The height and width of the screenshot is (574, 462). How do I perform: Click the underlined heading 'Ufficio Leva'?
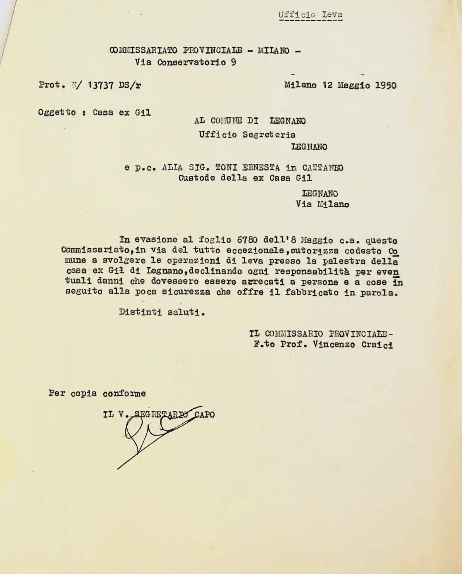tap(310, 15)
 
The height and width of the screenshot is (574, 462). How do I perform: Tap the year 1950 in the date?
tap(386, 85)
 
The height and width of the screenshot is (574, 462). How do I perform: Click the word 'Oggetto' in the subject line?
tap(57, 112)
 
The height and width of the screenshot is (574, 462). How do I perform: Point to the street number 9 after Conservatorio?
tap(233, 62)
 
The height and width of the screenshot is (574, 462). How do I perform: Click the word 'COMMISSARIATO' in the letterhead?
tap(143, 50)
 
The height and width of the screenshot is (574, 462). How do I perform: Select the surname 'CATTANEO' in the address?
tap(323, 168)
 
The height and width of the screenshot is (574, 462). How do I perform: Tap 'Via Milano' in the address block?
tap(322, 204)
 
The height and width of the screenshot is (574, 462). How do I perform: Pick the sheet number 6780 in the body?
tap(247, 240)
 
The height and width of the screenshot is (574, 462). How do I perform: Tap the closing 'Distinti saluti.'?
tap(162, 312)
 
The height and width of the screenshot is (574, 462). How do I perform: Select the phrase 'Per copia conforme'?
tap(97, 393)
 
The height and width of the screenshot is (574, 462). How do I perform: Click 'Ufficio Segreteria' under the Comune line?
tap(247, 135)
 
